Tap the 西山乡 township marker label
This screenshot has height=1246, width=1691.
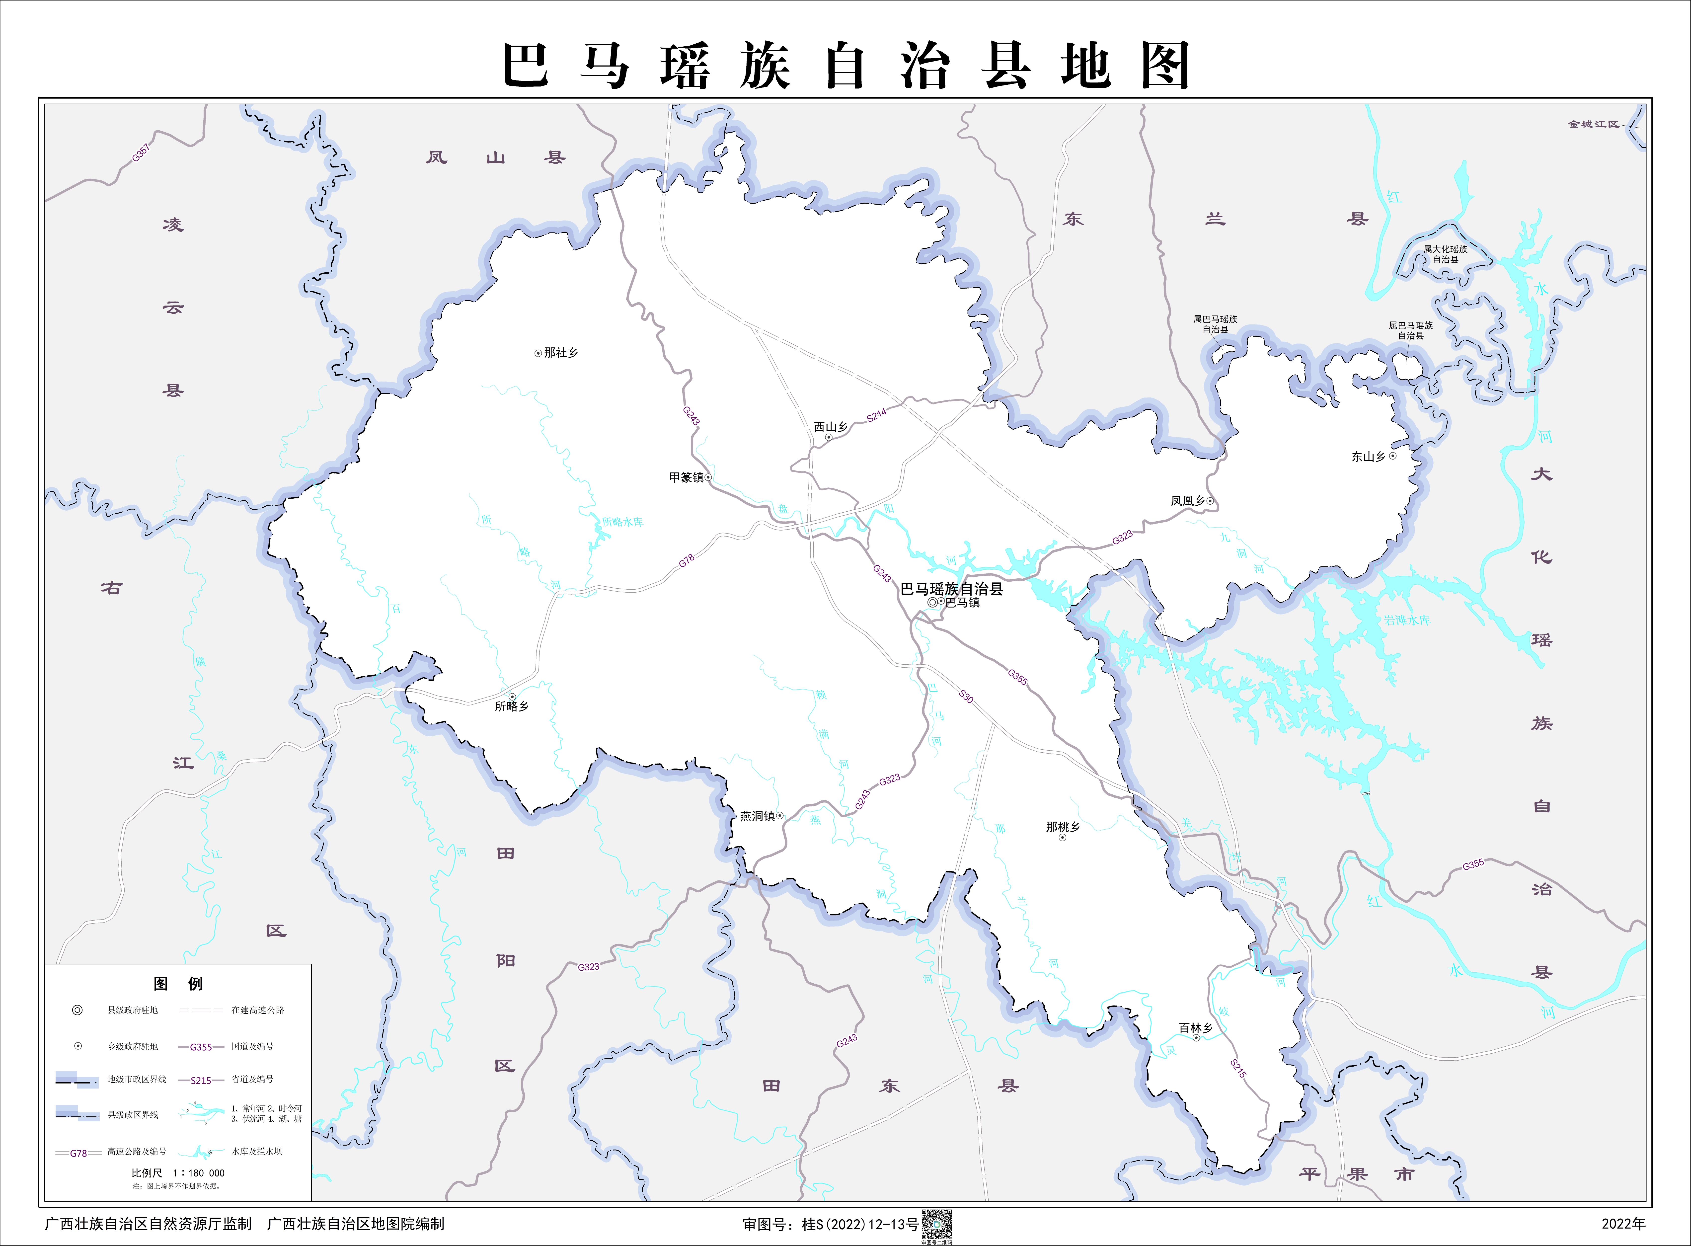click(x=830, y=427)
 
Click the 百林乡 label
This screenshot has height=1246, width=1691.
click(x=1195, y=1028)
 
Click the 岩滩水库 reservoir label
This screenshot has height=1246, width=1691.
click(x=1407, y=620)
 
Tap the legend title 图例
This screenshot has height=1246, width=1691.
click(x=178, y=984)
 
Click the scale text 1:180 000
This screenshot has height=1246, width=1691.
click(x=198, y=1173)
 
